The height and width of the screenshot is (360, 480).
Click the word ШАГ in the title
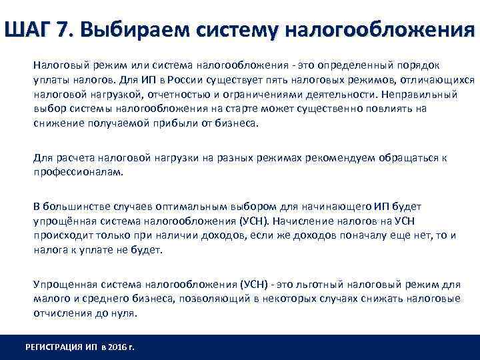click(32, 30)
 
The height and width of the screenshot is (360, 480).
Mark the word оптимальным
click(197, 207)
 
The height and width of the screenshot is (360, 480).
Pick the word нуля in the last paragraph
click(123, 313)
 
